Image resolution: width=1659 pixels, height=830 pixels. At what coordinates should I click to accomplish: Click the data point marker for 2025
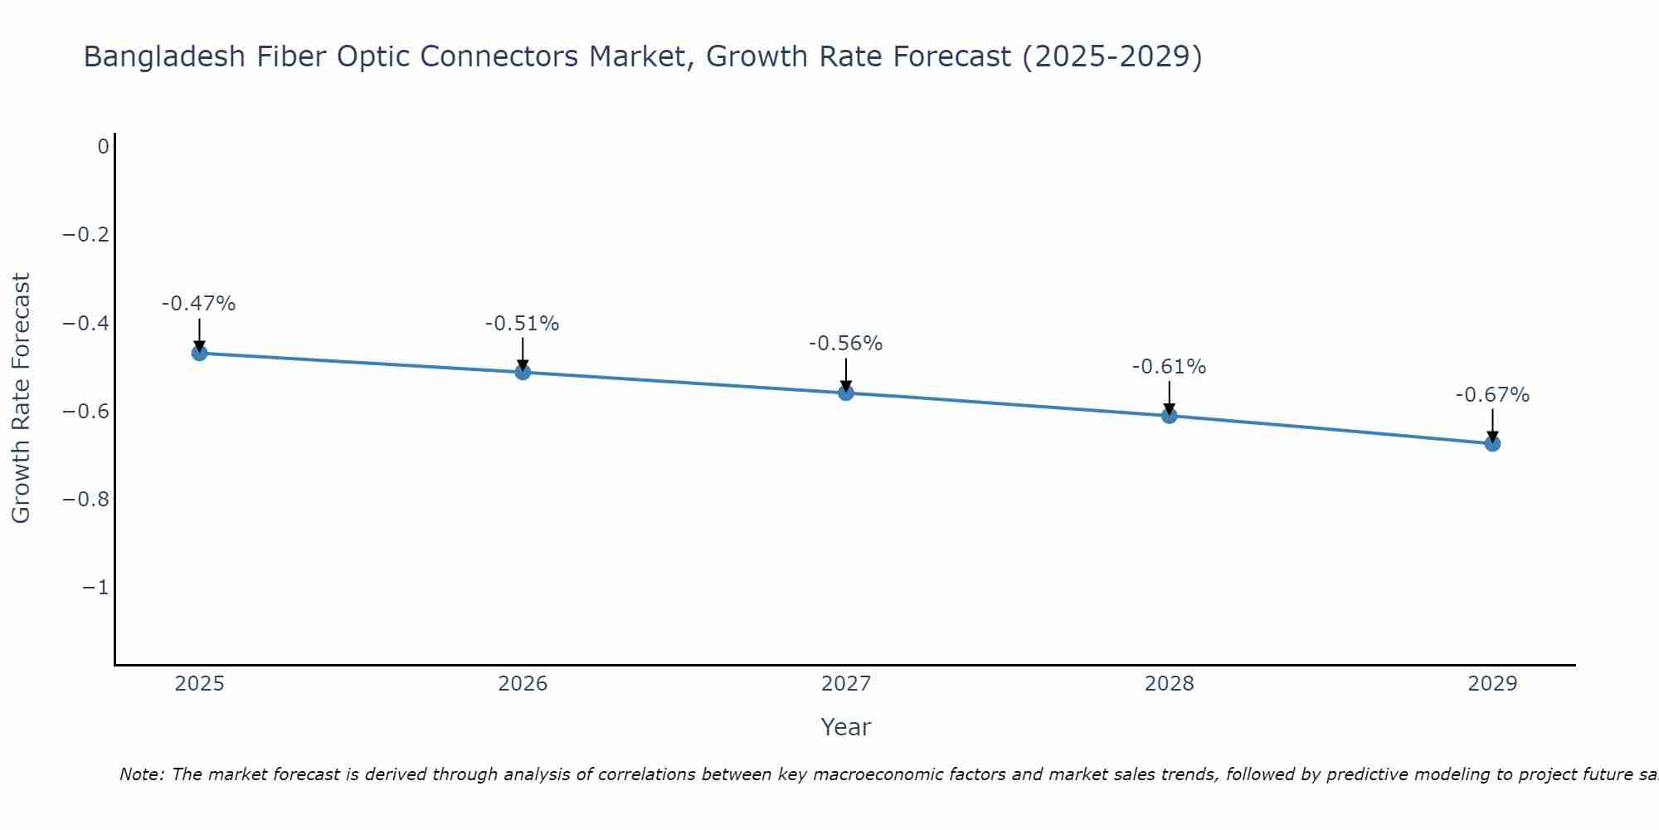coord(199,353)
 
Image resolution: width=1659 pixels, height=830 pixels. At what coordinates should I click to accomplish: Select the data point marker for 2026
coord(523,372)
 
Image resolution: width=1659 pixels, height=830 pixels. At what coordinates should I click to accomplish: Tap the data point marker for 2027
coord(846,393)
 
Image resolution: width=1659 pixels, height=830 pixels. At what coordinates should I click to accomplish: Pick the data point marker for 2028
coord(1169,415)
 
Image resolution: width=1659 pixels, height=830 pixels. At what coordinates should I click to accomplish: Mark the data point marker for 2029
coord(1492,443)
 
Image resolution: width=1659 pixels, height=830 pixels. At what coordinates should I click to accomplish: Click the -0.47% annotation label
coord(199,304)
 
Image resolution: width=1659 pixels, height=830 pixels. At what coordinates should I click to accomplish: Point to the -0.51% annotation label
coord(523,324)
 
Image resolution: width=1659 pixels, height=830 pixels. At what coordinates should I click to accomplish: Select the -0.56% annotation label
coord(846,344)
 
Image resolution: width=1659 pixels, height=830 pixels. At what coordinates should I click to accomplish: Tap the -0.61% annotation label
coord(1169,367)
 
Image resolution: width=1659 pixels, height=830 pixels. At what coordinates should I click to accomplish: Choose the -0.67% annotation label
coord(1492,395)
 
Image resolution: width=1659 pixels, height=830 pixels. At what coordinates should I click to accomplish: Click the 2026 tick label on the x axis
coord(523,684)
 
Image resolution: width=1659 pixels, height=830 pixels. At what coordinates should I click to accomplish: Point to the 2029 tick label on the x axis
coord(1492,684)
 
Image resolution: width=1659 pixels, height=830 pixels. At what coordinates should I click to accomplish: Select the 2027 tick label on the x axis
coord(846,684)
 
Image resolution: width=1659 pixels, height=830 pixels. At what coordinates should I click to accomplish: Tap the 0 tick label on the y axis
coord(103,147)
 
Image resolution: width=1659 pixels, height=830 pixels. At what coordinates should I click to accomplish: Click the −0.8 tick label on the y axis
coord(85,500)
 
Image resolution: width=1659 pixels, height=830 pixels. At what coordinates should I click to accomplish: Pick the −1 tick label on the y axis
coord(95,588)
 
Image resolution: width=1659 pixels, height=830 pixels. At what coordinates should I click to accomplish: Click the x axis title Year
coord(846,727)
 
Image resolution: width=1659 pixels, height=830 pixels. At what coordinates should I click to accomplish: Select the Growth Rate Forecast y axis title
coord(21,398)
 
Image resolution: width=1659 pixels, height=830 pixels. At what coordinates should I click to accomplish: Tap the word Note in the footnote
coord(142,774)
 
